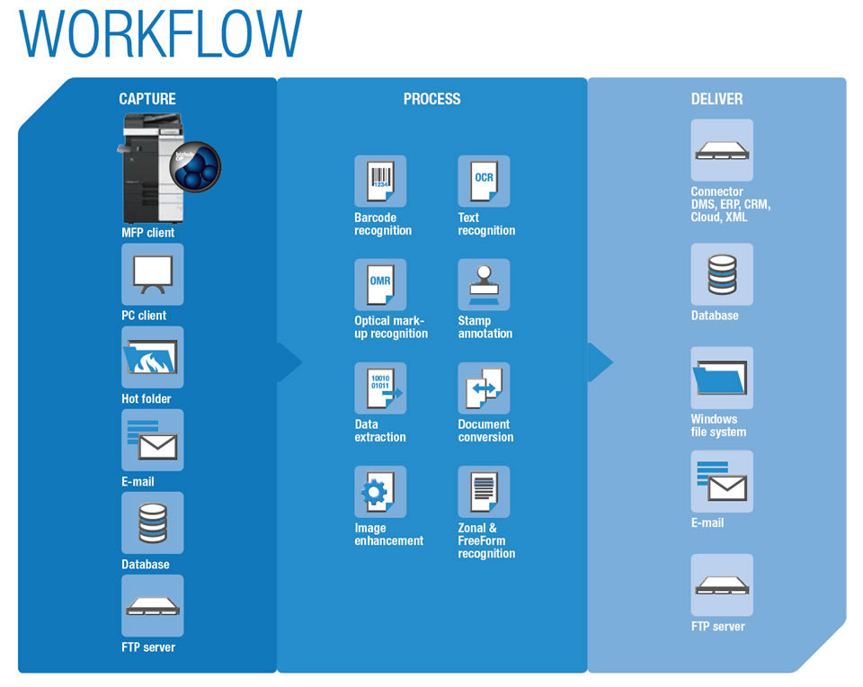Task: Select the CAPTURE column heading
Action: (x=147, y=99)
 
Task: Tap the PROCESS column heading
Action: (x=431, y=99)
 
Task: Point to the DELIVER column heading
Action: (x=716, y=99)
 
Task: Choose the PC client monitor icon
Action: (x=153, y=274)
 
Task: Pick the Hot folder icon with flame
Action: (x=153, y=357)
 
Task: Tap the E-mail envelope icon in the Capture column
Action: (x=153, y=440)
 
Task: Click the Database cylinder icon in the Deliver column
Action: (x=722, y=274)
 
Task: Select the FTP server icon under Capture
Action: (x=153, y=605)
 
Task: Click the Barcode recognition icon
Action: (x=380, y=182)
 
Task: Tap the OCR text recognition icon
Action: (x=484, y=182)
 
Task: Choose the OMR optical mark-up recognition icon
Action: (x=380, y=285)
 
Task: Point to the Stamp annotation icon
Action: (x=484, y=285)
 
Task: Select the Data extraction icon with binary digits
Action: (x=380, y=388)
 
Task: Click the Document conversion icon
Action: (x=484, y=388)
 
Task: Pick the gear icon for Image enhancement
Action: (x=380, y=492)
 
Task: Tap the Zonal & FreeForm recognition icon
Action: (x=484, y=492)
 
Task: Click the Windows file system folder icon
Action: (x=722, y=378)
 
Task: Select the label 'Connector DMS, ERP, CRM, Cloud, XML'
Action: (x=730, y=204)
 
